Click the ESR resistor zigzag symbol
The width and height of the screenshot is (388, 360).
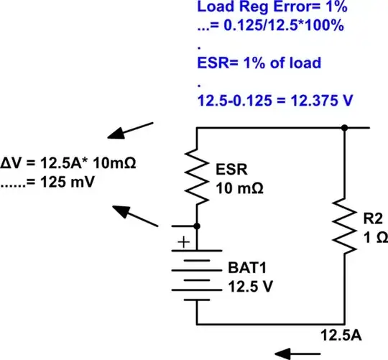click(x=196, y=176)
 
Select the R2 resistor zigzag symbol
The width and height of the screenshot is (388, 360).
click(x=346, y=226)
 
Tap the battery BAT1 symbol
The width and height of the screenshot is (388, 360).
click(x=196, y=273)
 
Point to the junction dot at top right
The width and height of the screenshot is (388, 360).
click(x=346, y=128)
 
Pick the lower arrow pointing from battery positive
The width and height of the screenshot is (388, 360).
click(x=137, y=216)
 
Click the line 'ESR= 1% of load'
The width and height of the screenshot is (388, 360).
click(x=259, y=63)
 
